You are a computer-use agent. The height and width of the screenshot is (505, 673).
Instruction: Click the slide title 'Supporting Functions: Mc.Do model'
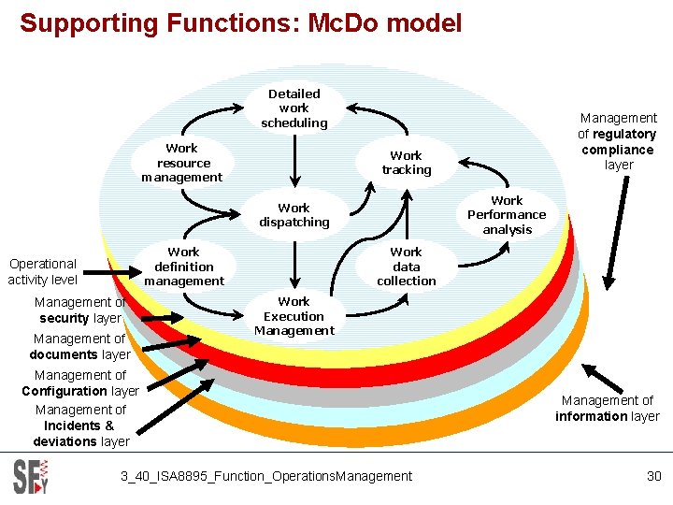point(241,22)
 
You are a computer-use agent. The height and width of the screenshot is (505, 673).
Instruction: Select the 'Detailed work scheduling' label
point(294,108)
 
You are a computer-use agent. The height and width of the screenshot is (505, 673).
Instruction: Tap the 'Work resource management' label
point(182,163)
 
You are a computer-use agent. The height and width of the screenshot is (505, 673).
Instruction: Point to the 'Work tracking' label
point(406,163)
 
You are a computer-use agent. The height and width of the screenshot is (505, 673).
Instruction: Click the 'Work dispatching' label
point(294,215)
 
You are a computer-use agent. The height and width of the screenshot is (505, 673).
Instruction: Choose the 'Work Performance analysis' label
point(507,215)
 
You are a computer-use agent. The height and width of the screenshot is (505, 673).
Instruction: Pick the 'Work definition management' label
point(184,267)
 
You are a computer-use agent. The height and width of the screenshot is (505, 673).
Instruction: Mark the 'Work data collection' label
point(406,267)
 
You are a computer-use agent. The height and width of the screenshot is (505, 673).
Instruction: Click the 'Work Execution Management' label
point(294,316)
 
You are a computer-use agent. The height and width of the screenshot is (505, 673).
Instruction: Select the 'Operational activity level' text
point(42,271)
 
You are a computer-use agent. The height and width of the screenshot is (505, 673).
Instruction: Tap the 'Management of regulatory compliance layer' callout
point(618,141)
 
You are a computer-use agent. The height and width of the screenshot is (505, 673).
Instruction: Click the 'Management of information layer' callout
point(607,409)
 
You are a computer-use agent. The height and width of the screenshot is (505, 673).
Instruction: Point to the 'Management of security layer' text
point(79,310)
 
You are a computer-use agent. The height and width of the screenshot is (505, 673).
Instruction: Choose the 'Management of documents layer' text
point(79,347)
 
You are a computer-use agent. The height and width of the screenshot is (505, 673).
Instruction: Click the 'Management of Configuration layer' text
point(79,383)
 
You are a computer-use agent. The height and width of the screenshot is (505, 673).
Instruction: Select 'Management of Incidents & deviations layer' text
point(80,426)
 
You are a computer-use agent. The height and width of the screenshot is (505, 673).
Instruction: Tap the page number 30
point(653,476)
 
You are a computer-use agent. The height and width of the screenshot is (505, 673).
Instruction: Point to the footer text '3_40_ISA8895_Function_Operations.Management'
point(265,476)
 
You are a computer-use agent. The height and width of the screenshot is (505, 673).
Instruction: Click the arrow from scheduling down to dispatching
point(294,159)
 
